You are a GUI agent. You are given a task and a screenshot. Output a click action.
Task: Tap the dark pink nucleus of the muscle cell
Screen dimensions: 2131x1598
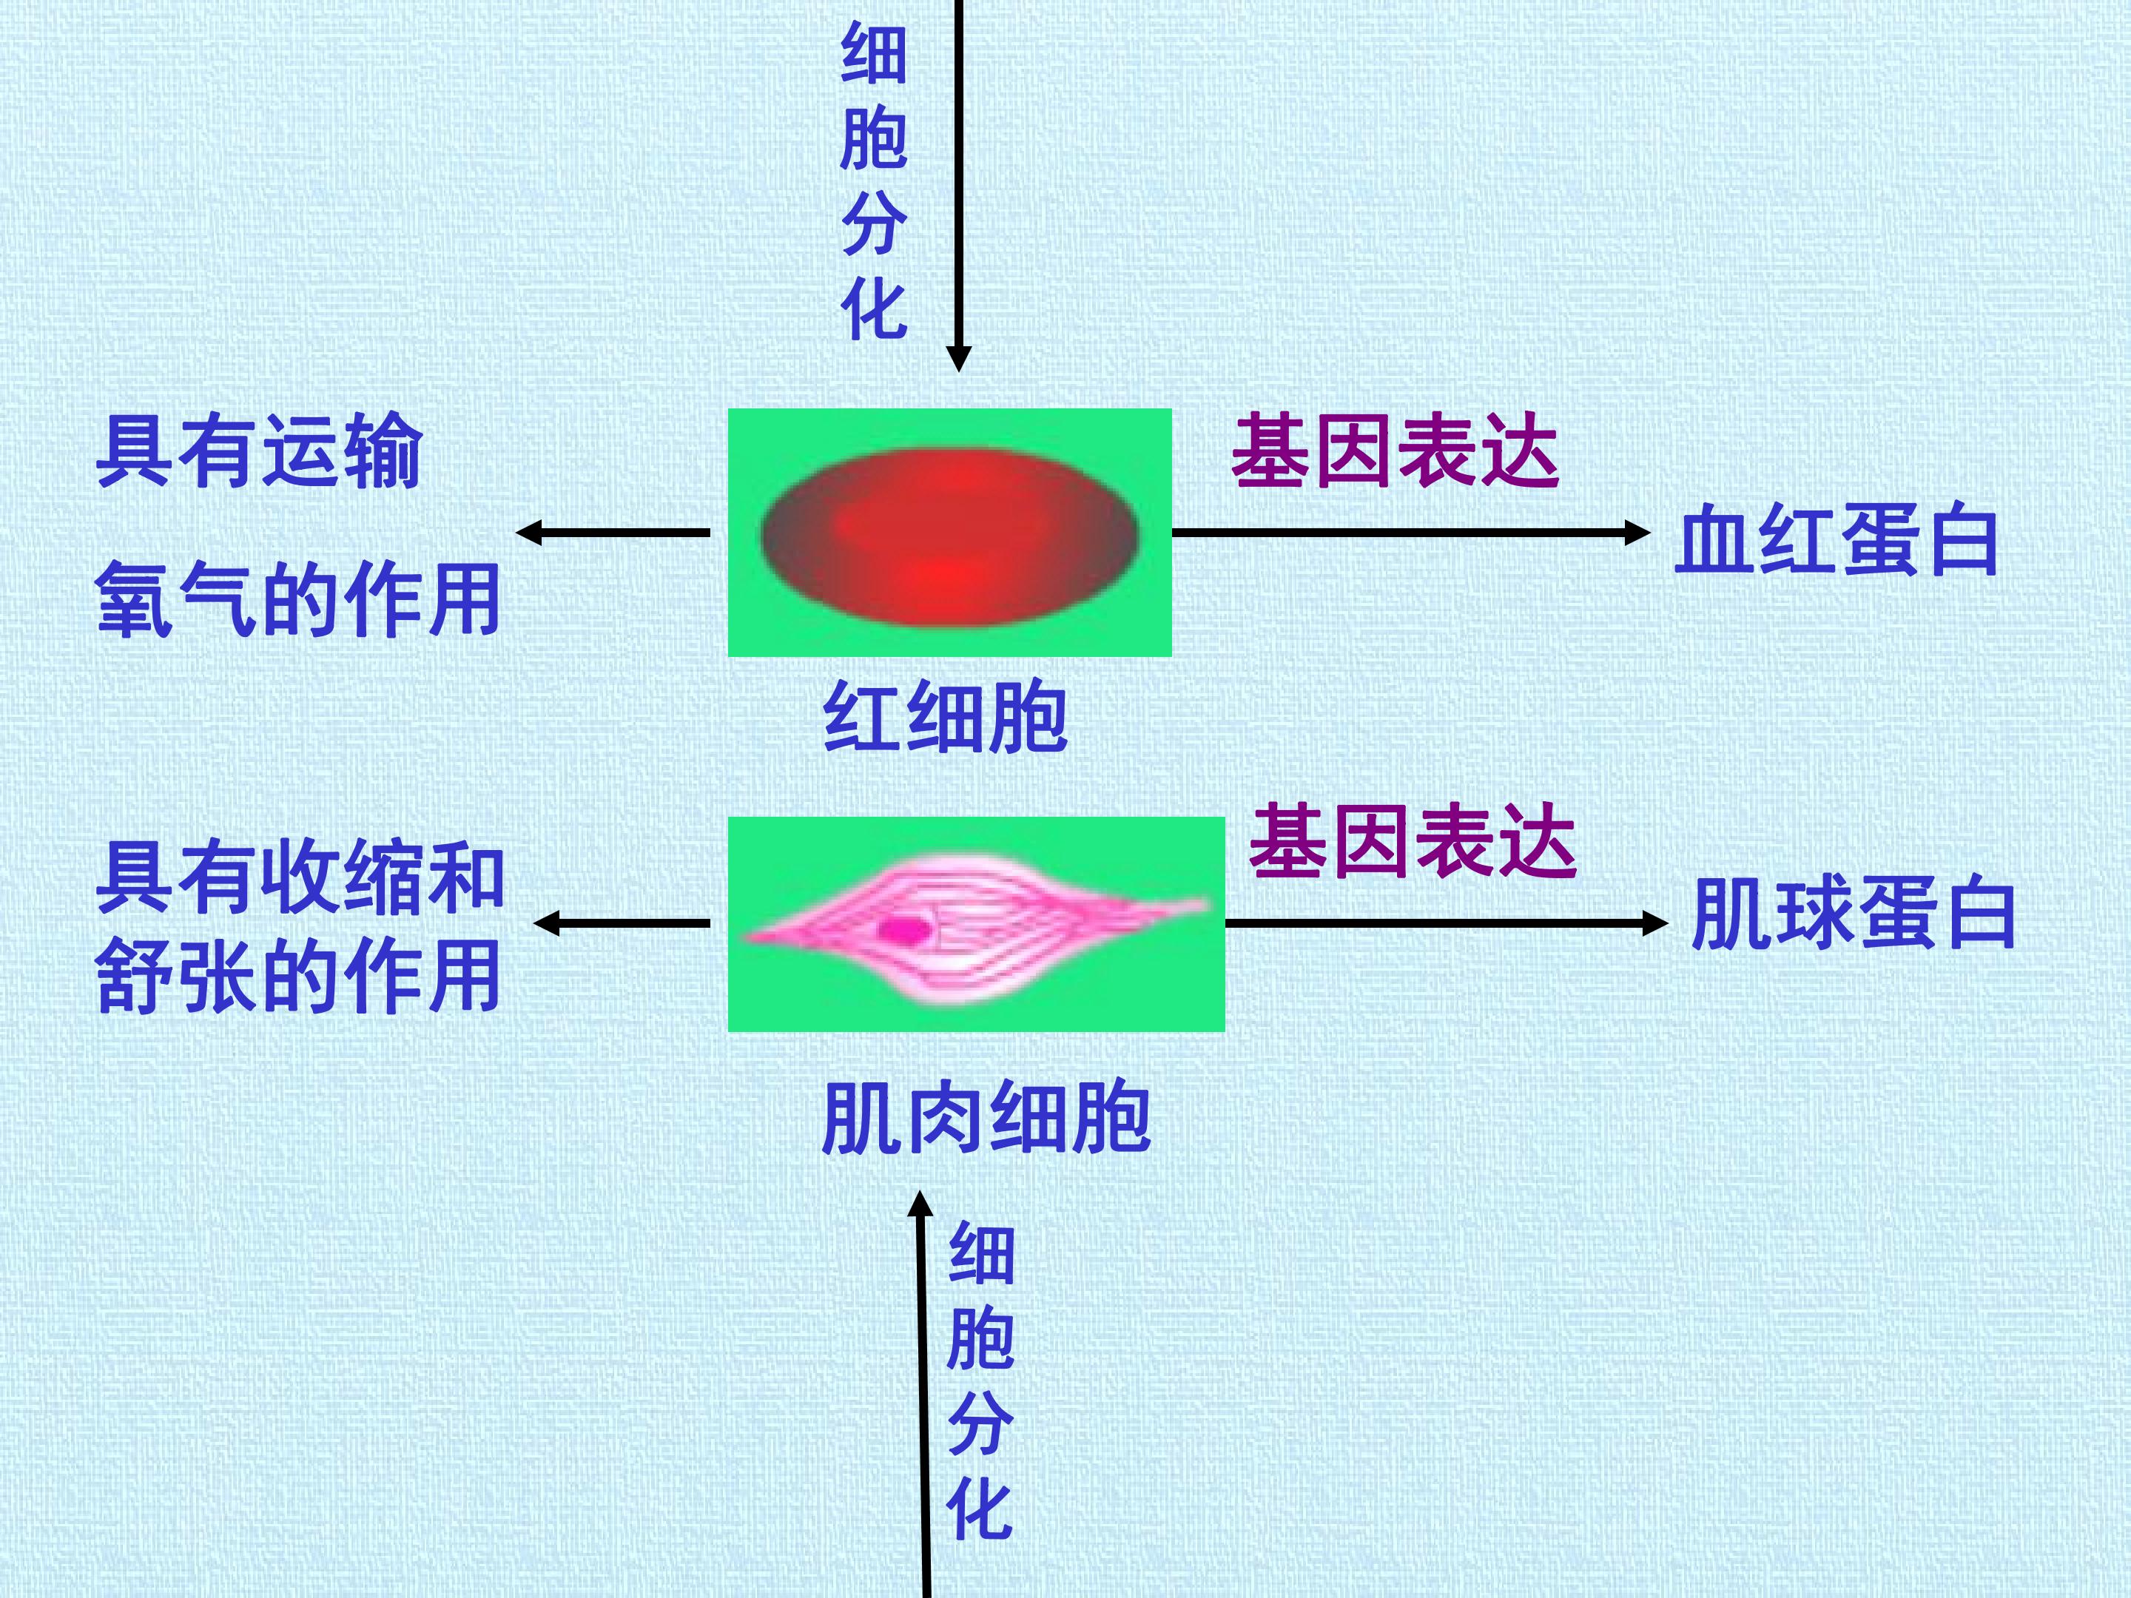coord(903,929)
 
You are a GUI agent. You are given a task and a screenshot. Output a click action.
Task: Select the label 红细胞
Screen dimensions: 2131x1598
coord(945,718)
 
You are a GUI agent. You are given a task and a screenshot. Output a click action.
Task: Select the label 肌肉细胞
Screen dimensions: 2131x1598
coord(986,1117)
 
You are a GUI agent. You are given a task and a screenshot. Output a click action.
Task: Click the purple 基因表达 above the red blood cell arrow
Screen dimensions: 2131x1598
coord(1395,450)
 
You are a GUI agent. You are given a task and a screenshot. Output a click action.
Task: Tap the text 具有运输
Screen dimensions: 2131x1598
coord(260,451)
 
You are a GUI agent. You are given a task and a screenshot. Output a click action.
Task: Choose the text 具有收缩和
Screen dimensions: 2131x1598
coord(300,876)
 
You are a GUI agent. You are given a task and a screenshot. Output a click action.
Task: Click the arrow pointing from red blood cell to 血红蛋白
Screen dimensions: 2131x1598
coord(1411,533)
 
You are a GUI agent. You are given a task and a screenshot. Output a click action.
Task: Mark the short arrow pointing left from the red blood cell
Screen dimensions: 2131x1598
coord(613,533)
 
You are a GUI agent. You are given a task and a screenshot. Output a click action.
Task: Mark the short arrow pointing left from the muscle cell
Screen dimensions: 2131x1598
coord(622,923)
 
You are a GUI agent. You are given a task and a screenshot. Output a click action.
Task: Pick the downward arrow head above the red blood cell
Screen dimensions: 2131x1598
coord(958,358)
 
